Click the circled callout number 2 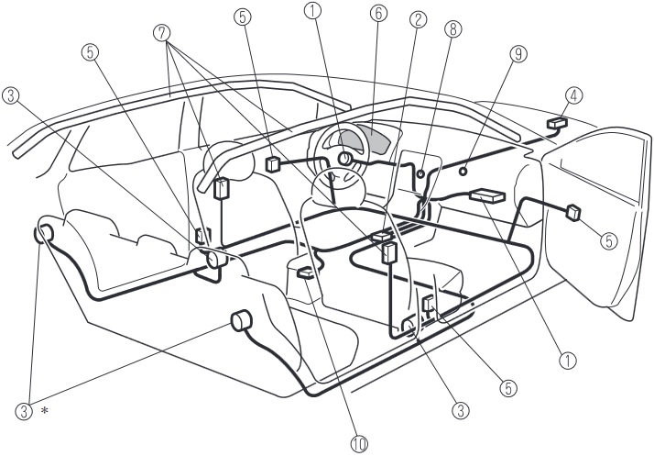click(x=419, y=20)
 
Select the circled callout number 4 click(x=574, y=95)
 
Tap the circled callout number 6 click(x=378, y=14)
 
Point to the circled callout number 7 click(x=162, y=33)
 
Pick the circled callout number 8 click(x=453, y=28)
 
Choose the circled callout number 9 click(x=518, y=54)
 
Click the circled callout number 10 click(x=359, y=444)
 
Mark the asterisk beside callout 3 click(x=44, y=410)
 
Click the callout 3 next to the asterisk click(x=24, y=411)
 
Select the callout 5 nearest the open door click(x=608, y=240)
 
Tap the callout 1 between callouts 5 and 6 click(x=312, y=11)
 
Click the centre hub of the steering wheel click(x=345, y=159)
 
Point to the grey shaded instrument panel click(x=365, y=139)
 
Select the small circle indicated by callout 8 click(x=421, y=172)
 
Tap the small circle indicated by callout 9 click(x=463, y=171)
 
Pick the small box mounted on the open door click(x=573, y=212)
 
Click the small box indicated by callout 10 click(x=308, y=273)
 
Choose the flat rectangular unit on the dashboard click(x=487, y=195)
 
